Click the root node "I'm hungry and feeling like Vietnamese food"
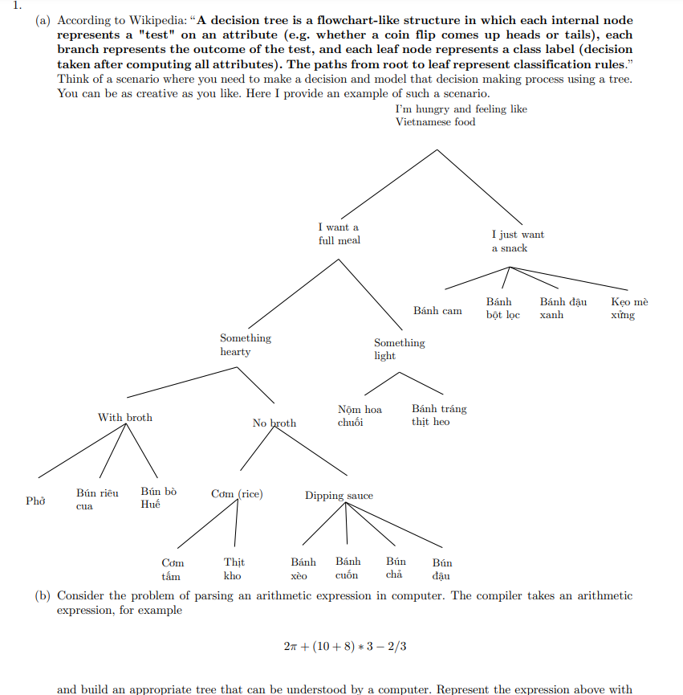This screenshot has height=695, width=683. [461, 116]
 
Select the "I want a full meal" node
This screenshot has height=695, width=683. [339, 234]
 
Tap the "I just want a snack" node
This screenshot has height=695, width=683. [517, 241]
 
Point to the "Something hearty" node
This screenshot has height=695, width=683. [246, 345]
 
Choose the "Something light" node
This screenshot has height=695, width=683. [399, 349]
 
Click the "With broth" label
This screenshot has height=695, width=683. [124, 417]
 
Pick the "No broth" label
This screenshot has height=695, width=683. [274, 423]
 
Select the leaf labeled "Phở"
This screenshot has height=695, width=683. [35, 501]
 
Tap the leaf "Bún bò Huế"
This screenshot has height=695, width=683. [158, 497]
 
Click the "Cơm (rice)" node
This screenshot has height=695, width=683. [237, 494]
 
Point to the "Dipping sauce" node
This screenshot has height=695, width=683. [339, 496]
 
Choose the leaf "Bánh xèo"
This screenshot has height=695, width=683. [303, 568]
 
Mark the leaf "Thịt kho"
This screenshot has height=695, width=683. [234, 569]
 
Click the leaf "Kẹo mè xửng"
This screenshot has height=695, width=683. [628, 309]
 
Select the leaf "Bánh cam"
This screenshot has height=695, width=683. [437, 310]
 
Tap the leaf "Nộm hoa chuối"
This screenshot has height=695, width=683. [360, 415]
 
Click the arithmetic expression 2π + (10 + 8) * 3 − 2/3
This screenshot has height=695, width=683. [344, 646]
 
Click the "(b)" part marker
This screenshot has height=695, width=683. [43, 596]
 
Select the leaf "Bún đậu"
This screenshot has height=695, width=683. [441, 569]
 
